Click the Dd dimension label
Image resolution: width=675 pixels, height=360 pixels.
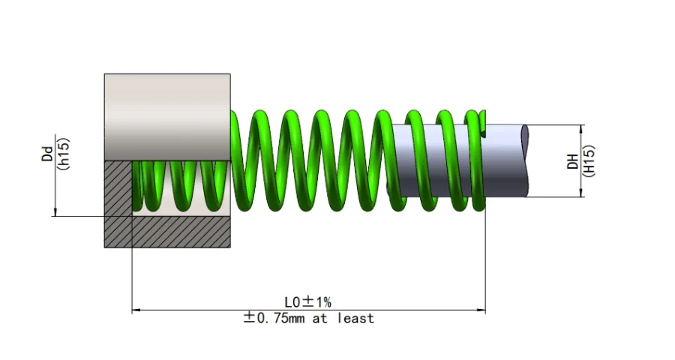[x=47, y=153]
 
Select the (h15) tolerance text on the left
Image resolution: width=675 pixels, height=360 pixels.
[x=64, y=153]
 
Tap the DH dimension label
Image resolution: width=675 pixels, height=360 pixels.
[x=571, y=160]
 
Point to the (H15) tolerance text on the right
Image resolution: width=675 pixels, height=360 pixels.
[x=589, y=160]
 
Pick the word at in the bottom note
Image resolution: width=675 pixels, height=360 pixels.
[x=324, y=318]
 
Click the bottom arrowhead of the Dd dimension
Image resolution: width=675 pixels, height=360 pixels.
[x=55, y=212]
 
